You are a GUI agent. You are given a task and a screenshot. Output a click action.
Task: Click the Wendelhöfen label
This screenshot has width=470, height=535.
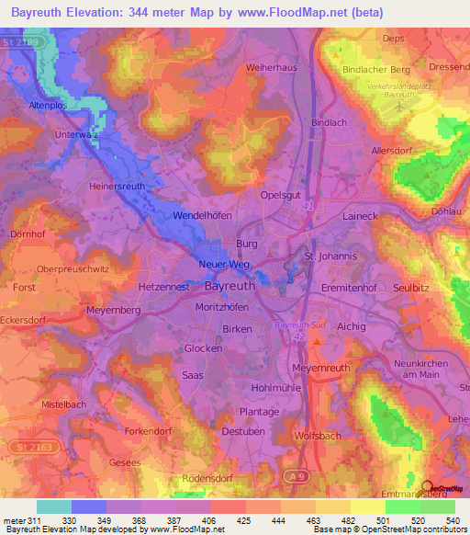pyautogui.click(x=205, y=216)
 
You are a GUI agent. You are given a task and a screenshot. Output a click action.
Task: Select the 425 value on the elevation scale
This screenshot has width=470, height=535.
pyautogui.click(x=245, y=520)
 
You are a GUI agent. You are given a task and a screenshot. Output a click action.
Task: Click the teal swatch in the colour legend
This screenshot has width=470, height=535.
pyautogui.click(x=54, y=507)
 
